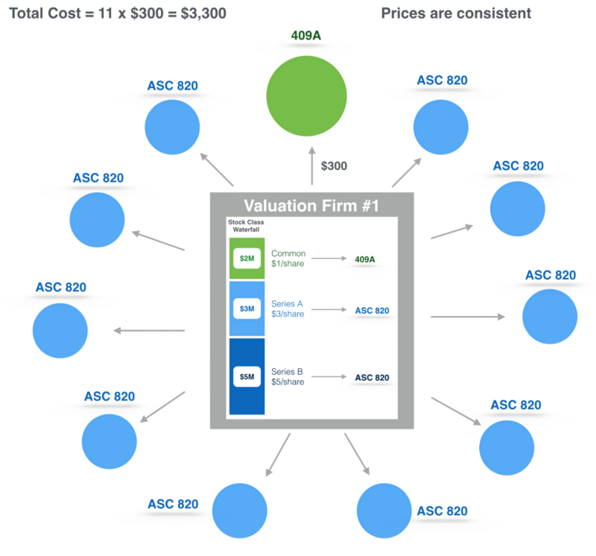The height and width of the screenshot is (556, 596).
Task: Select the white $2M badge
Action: (x=247, y=259)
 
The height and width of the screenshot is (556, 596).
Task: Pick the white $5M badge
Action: (x=247, y=377)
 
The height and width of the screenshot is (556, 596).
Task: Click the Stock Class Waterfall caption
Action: (x=247, y=227)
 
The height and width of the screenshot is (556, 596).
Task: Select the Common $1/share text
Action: (x=288, y=259)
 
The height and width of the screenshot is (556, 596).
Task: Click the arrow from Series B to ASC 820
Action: (x=331, y=377)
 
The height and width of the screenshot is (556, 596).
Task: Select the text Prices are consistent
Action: (x=456, y=13)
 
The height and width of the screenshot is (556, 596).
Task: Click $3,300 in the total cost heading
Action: (x=200, y=13)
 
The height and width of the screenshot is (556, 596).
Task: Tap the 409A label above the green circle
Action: (x=305, y=34)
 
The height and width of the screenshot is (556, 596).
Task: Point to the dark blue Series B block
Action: (x=247, y=402)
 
